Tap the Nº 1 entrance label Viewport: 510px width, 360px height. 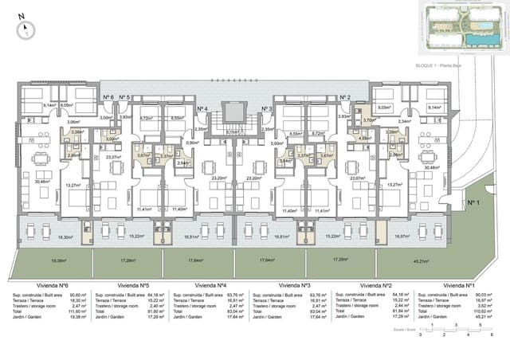(x=473, y=203)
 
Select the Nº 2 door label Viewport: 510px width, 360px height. (x=345, y=96)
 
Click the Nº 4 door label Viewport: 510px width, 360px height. (x=202, y=108)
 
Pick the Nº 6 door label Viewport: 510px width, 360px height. (x=108, y=96)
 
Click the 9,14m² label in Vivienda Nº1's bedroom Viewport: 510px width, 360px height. (x=434, y=107)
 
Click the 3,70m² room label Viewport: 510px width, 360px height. (x=368, y=119)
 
